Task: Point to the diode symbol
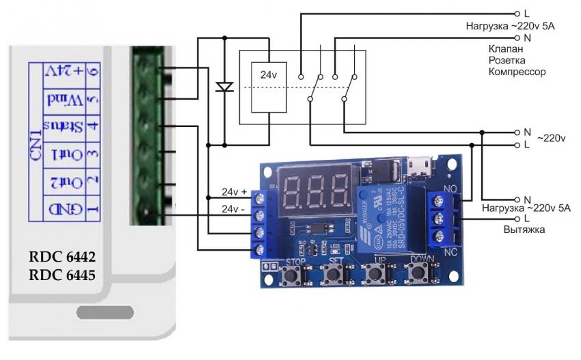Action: click(x=224, y=87)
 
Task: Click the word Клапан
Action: click(x=506, y=50)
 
